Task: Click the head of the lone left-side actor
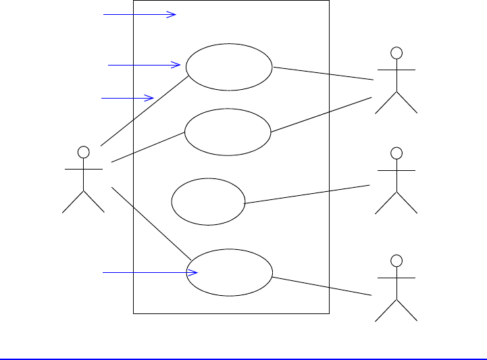pos(83,150)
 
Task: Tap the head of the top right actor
pos(397,52)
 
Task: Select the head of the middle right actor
pos(397,152)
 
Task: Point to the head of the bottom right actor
pos(397,260)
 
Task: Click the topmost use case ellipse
pos(229,67)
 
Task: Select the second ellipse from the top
pos(227,132)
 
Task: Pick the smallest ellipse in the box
pos(208,202)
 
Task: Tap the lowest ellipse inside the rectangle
pos(229,272)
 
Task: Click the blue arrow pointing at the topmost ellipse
pos(144,65)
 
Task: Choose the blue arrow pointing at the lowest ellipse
pos(149,273)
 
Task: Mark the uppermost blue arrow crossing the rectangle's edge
pos(139,14)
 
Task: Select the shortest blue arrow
pos(128,99)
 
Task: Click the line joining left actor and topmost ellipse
pos(143,111)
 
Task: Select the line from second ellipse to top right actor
pos(321,115)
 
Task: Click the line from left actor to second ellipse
pos(148,147)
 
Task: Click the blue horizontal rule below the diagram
pos(243,359)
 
